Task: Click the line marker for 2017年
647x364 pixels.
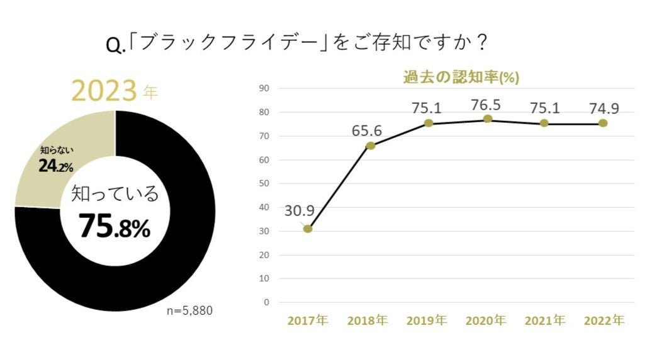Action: pos(308,229)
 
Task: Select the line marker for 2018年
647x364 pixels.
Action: pos(371,145)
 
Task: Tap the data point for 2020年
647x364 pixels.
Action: pos(488,119)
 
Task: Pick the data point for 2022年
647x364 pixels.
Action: pos(603,123)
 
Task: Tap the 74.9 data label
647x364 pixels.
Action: pos(604,108)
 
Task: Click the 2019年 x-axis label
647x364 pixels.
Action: pos(427,321)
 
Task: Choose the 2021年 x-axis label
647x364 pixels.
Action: pos(544,321)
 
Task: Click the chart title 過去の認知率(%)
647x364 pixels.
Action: pos(461,77)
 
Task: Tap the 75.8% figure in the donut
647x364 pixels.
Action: pos(115,227)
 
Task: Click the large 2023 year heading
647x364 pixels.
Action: pos(104,91)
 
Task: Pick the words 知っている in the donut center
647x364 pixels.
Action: pos(115,194)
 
